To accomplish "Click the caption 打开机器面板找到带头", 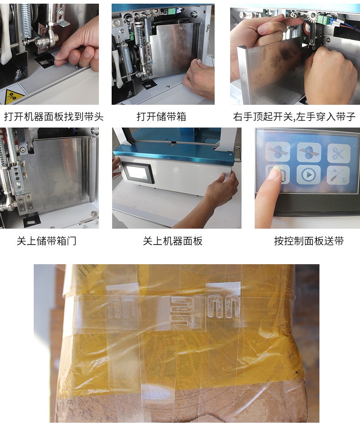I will [54, 117].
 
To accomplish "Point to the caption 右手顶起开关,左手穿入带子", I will [294, 117].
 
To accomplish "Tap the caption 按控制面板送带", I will [309, 241].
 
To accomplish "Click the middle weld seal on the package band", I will [182, 312].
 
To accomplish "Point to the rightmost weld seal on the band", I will [223, 305].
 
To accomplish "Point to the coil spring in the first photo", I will [26, 20].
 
